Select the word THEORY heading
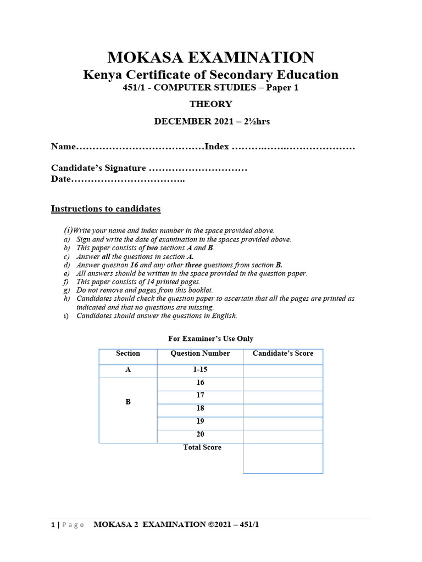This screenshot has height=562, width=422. [x=211, y=104]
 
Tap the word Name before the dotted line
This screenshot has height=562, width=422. [x=62, y=147]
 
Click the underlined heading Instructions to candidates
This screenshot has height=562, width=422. [x=105, y=209]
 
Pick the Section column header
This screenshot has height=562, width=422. [x=128, y=353]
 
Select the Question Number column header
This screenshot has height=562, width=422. [x=200, y=353]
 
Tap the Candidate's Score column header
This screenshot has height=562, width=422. [x=283, y=353]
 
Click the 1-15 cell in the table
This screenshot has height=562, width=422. [x=200, y=370]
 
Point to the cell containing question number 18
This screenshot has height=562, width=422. [x=200, y=408]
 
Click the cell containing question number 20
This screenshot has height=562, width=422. [x=200, y=434]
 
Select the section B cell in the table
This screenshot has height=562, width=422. [x=128, y=402]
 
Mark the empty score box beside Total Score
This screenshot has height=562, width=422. [x=283, y=458]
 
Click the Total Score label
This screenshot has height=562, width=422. [x=202, y=447]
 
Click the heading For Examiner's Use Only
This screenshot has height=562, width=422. [x=211, y=339]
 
